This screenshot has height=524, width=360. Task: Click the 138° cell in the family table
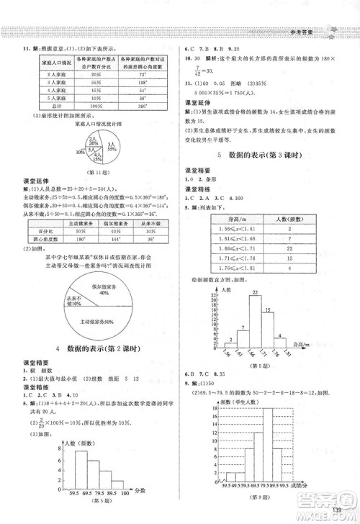click(143, 83)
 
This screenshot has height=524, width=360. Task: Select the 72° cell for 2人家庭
click(143, 74)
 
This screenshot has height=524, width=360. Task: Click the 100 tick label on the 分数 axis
click(127, 494)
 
